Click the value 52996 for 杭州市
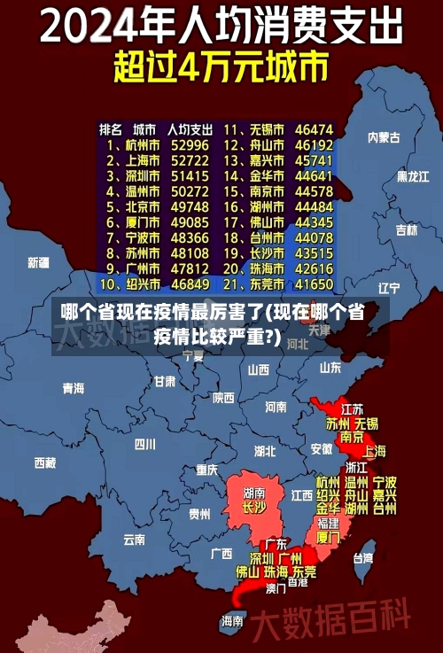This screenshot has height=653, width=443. tap(190, 144)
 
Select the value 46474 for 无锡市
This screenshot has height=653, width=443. tap(314, 128)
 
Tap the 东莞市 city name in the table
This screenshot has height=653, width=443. tap(266, 284)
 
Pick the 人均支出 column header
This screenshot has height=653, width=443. tap(189, 128)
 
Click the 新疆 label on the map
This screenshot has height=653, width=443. tap(38, 262)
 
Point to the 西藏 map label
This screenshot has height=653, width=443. tap(44, 463)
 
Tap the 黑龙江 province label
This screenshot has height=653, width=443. tap(412, 176)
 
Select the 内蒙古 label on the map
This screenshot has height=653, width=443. tap(384, 137)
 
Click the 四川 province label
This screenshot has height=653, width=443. tap(145, 444)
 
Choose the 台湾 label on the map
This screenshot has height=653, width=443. tap(363, 558)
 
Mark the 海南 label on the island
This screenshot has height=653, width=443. tap(232, 620)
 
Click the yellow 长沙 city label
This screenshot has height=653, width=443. tap(253, 508)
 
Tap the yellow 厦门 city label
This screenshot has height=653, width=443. tap(328, 537)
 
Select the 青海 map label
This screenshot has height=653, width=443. tap(73, 388)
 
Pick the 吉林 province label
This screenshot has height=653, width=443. tap(406, 229)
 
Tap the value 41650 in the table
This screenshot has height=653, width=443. tap(314, 284)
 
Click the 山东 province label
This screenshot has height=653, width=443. tap(330, 367)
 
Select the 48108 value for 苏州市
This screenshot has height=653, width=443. tap(190, 253)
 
